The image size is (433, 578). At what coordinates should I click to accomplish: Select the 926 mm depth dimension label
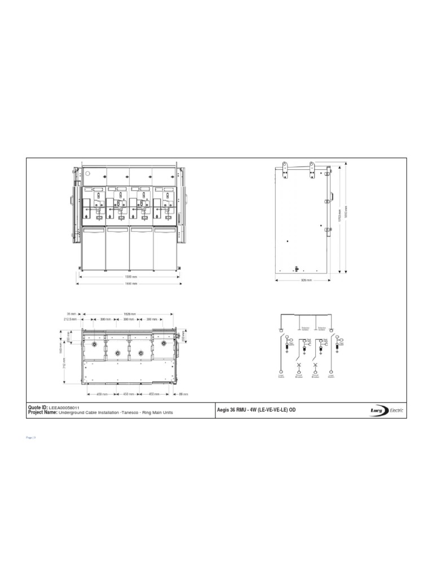(x=306, y=279)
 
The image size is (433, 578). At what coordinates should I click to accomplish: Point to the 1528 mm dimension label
(x=129, y=314)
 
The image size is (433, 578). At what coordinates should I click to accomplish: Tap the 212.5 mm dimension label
(x=70, y=319)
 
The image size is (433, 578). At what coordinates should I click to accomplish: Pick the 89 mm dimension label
(x=183, y=394)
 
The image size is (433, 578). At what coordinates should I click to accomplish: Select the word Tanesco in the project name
(x=131, y=413)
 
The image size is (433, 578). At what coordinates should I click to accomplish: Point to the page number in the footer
(x=31, y=437)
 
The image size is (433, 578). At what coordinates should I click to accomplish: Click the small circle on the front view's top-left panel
(x=87, y=174)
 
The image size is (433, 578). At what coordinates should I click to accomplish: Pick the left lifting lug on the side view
(x=285, y=168)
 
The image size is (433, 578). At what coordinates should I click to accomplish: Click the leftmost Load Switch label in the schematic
(x=281, y=374)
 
